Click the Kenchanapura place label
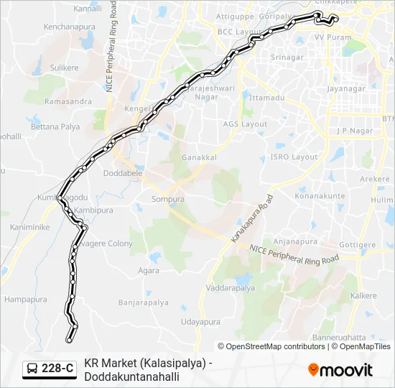70,27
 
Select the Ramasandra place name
68,102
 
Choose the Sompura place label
168,199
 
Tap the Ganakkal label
199,157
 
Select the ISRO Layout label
294,157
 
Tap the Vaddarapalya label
230,287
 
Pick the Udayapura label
200,323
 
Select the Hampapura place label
26,299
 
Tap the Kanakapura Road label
251,217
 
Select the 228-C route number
57,369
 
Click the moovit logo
340,370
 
